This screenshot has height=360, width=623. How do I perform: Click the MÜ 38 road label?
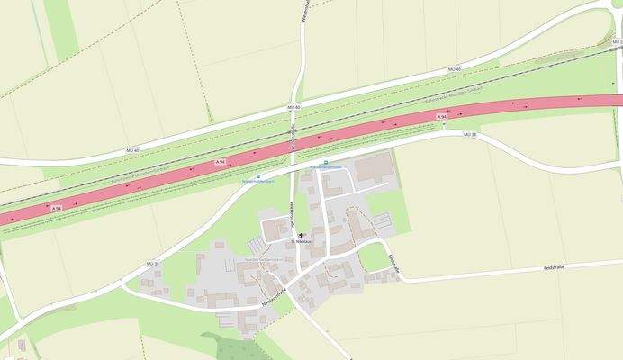point(468,134)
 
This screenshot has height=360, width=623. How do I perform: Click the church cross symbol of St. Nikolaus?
point(301,236)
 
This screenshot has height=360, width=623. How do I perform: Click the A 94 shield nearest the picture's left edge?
point(56,209)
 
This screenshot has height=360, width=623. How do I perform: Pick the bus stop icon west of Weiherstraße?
point(258,176)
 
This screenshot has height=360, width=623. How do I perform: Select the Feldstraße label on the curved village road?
point(393,262)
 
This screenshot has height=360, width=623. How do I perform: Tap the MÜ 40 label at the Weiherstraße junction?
point(292,107)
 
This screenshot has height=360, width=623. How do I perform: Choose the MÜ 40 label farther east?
point(455,69)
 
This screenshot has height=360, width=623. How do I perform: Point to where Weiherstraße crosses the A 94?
point(294,144)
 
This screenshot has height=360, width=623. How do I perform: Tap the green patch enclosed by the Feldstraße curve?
point(372,257)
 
